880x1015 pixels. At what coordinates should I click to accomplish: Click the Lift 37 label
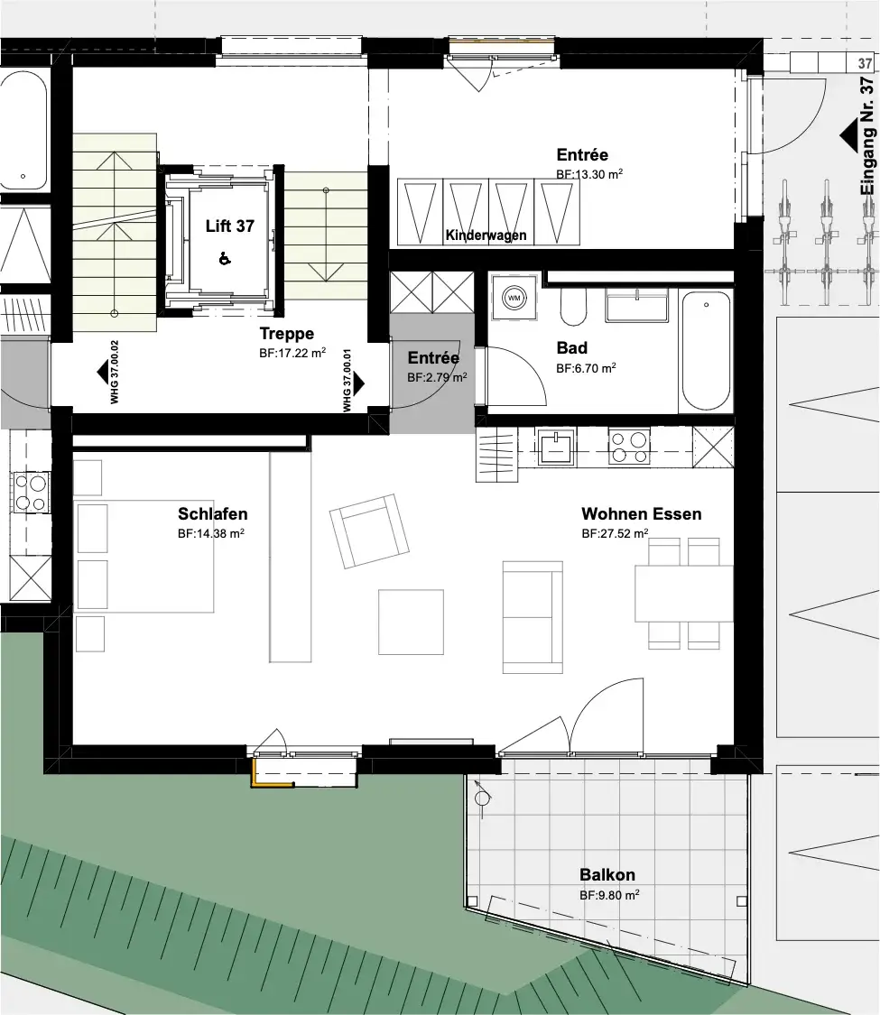[x=230, y=226]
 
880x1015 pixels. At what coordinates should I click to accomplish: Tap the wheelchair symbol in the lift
[x=225, y=258]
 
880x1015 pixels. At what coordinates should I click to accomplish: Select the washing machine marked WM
[x=514, y=298]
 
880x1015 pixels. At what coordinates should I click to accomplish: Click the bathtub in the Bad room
[x=706, y=351]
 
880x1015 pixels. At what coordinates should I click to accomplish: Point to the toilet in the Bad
[x=573, y=306]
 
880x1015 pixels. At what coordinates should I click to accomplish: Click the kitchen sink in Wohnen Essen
[x=556, y=446]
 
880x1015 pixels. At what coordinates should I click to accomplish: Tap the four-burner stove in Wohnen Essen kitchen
[x=629, y=447]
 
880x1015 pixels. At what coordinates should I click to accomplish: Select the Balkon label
[x=607, y=875]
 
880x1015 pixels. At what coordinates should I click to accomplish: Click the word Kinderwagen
[x=486, y=235]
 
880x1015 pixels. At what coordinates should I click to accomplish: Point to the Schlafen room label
[x=212, y=514]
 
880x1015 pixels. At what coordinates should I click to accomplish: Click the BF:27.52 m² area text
[x=616, y=533]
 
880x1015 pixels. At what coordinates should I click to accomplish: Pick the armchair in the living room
[x=369, y=531]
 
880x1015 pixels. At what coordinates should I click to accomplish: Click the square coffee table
[x=412, y=622]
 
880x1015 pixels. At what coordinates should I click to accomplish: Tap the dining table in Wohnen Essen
[x=684, y=594]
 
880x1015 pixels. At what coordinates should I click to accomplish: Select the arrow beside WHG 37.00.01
[x=358, y=383]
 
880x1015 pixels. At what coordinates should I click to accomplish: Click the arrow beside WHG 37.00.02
[x=102, y=373]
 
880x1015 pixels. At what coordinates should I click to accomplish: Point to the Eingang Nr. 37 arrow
[x=849, y=138]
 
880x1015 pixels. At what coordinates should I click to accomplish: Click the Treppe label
[x=287, y=333]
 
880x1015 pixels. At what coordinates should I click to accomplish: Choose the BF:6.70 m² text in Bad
[x=586, y=368]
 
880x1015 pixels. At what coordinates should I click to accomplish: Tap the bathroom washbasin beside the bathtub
[x=636, y=305]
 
